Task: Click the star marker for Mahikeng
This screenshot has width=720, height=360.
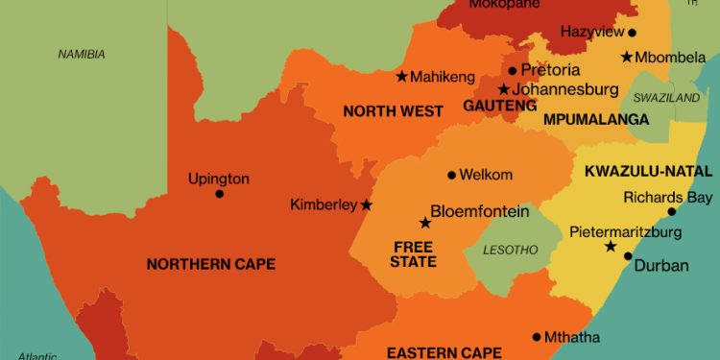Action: coord(401,76)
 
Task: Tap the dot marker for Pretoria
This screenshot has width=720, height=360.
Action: coord(513,70)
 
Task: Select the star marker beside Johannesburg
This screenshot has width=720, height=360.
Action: coord(503,89)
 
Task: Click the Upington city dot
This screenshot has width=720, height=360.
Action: coord(219,194)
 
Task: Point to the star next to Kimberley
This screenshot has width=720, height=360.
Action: coord(366,204)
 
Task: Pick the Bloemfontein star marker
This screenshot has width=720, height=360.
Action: coord(424,223)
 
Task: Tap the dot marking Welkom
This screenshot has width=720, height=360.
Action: coord(451,175)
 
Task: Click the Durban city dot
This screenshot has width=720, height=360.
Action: coord(628,256)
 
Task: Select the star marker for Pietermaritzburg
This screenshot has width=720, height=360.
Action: coord(610,247)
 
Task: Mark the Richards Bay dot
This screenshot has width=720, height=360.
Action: coord(672,211)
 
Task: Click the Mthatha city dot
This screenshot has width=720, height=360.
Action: coord(537,337)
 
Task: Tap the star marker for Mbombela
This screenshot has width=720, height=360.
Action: coord(626,57)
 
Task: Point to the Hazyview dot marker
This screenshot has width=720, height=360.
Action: coord(631,33)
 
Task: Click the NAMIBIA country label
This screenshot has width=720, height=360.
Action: coord(82,54)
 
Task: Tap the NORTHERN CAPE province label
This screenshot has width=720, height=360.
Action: coord(210,264)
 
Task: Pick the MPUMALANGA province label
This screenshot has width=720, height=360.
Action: coord(583,120)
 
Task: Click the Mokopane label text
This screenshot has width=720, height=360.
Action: coord(498,5)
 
